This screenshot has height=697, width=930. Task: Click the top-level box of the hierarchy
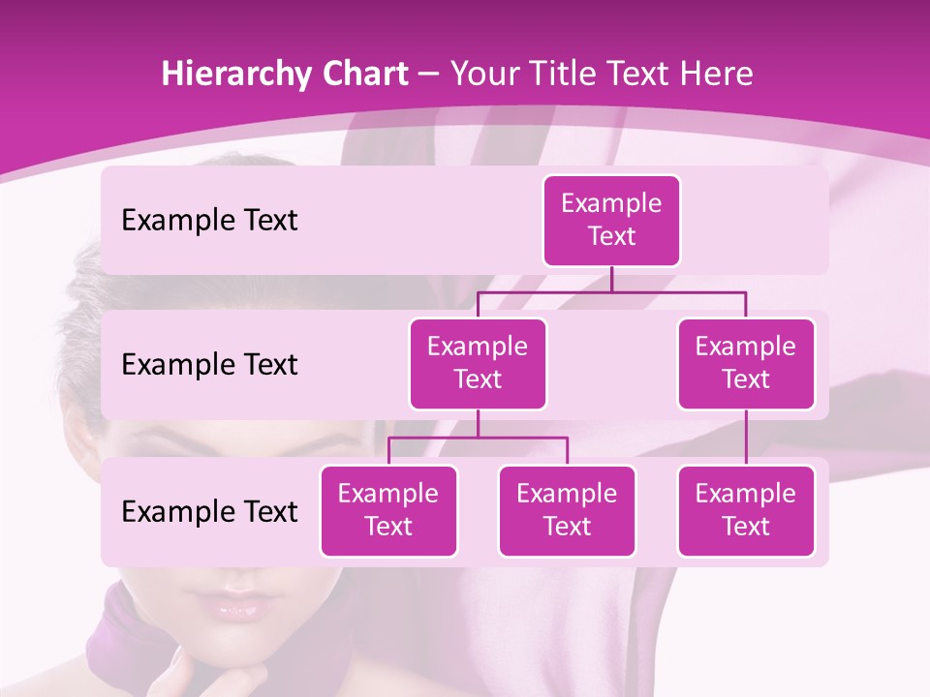click(x=611, y=221)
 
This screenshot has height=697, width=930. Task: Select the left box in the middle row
click(x=478, y=363)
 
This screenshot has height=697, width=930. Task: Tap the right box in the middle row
click(x=746, y=363)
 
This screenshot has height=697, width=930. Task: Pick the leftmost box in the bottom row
click(x=388, y=510)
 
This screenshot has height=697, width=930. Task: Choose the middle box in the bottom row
click(x=567, y=510)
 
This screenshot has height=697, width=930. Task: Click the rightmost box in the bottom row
click(x=746, y=510)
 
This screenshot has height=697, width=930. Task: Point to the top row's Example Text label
click(x=209, y=221)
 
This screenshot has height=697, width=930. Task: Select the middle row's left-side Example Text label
click(x=209, y=365)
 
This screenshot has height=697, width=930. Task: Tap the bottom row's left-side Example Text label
click(x=209, y=511)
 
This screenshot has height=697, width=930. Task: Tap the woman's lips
click(x=236, y=610)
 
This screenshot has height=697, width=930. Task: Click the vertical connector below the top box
click(x=611, y=279)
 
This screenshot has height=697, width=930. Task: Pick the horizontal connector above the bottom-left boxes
click(x=478, y=438)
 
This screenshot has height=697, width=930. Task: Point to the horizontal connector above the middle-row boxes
click(x=611, y=291)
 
